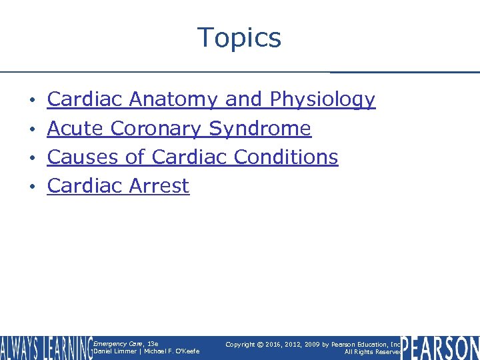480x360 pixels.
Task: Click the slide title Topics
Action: pyautogui.click(x=239, y=37)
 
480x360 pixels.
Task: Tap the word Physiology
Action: pyautogui.click(x=323, y=100)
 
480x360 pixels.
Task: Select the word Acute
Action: pyautogui.click(x=75, y=129)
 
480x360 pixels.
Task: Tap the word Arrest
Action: pyautogui.click(x=159, y=186)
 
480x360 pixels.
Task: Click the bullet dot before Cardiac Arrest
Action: pyautogui.click(x=33, y=187)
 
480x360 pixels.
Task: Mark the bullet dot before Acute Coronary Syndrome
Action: pyautogui.click(x=33, y=130)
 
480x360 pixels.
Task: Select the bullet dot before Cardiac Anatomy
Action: pyautogui.click(x=33, y=101)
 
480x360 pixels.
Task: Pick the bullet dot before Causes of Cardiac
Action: pyautogui.click(x=33, y=159)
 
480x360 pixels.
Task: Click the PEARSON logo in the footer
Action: pyautogui.click(x=440, y=348)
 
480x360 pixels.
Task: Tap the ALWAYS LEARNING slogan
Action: pyautogui.click(x=46, y=348)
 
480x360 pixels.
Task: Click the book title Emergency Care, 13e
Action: pyautogui.click(x=125, y=343)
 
